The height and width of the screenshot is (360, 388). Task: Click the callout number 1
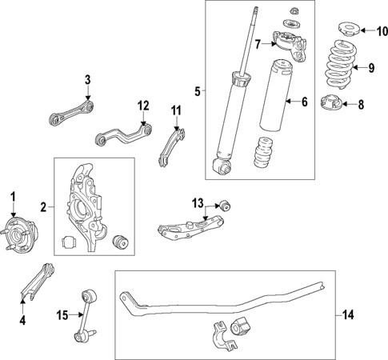(12, 196)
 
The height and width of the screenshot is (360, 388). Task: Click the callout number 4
(22, 321)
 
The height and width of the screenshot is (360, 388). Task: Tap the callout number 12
(143, 105)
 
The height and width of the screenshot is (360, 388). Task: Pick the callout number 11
(176, 110)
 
